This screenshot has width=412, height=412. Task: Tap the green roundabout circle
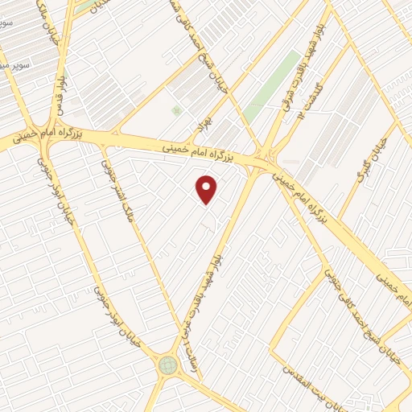point(168,365)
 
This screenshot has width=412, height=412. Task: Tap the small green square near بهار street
point(176,110)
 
